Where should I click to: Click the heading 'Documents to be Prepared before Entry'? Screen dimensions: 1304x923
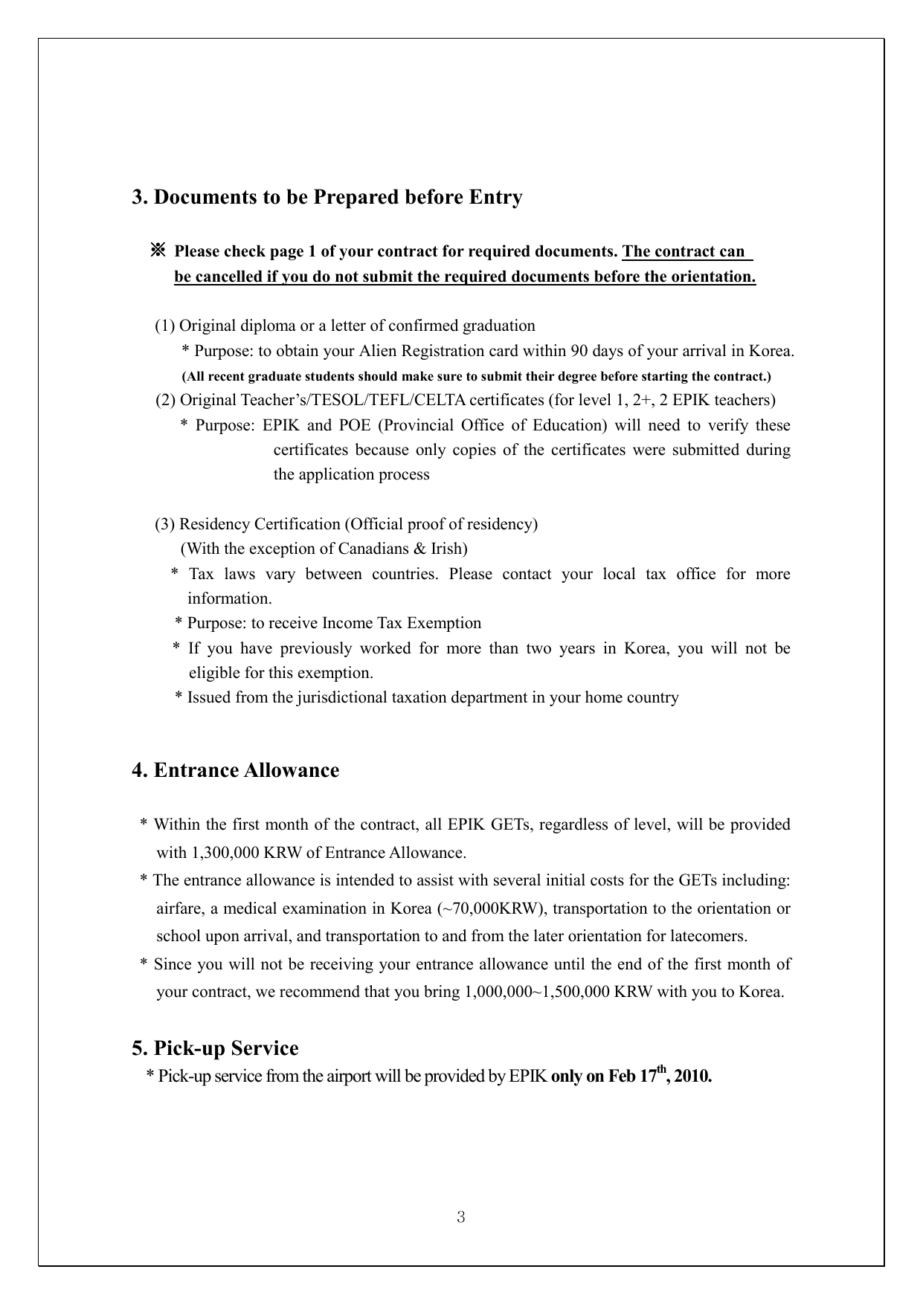click(x=338, y=198)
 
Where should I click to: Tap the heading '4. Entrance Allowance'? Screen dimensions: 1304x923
click(x=235, y=770)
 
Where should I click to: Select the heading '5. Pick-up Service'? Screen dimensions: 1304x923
click(x=215, y=1048)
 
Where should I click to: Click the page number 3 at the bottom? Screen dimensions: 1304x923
click(x=461, y=1217)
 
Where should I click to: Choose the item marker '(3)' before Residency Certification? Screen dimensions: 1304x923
click(x=165, y=525)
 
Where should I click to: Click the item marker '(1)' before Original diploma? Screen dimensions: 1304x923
click(x=165, y=326)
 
